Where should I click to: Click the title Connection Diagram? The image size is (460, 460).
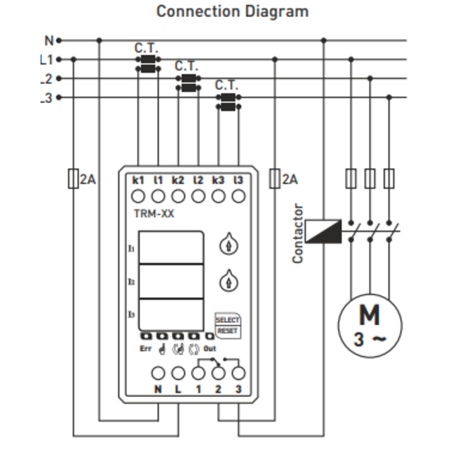point(232,12)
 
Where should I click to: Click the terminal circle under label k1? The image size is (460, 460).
point(138,196)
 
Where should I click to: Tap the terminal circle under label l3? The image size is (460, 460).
point(239,196)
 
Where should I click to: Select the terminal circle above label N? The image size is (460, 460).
point(158,373)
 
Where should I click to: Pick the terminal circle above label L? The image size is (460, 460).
point(179,373)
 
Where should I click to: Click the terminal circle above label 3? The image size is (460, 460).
point(239,373)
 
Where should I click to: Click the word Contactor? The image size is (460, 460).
point(298,233)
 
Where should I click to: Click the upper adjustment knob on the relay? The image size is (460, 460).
point(228,246)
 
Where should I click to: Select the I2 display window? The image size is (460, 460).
point(172,281)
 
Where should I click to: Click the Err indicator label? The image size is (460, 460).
point(146,348)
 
